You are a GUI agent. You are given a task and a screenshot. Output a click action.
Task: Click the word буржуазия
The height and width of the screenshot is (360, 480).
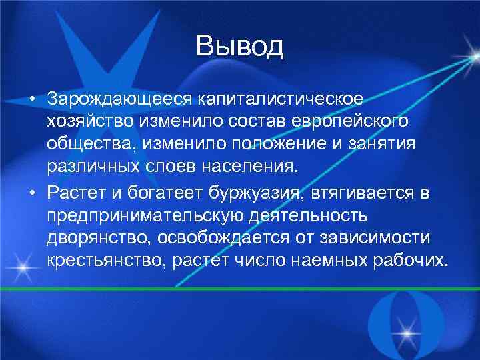[x=251, y=193]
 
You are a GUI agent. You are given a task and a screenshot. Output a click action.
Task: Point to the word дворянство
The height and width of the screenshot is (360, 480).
[x=91, y=238]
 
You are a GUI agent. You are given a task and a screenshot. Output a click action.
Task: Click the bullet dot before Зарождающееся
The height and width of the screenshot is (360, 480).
[x=32, y=99]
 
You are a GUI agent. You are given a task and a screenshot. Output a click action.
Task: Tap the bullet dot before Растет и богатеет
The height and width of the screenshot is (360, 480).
[x=32, y=194]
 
